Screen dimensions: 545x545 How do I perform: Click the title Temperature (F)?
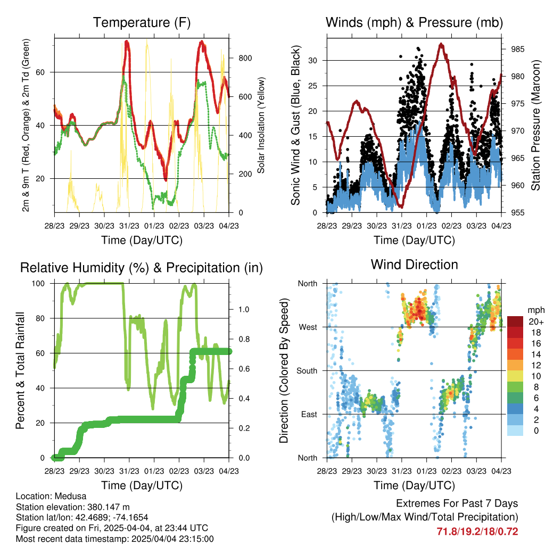142,22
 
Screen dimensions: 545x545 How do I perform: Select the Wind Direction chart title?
414,265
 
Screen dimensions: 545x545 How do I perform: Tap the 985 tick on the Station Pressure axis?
517,49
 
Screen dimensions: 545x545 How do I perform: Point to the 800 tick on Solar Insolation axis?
245,58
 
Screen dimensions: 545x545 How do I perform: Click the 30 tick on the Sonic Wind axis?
313,61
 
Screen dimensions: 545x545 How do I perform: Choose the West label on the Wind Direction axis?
308,327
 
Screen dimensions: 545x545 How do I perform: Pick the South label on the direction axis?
307,371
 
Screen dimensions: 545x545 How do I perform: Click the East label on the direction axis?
309,414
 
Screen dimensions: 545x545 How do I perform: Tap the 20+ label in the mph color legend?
535,321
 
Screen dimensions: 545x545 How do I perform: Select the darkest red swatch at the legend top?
515,321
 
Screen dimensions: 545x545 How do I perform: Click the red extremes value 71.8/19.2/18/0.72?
477,532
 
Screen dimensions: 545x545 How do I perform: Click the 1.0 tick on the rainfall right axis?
244,309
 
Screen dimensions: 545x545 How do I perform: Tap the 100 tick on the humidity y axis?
38,284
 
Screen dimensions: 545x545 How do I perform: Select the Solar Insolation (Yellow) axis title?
261,125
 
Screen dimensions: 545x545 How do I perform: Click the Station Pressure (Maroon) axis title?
535,125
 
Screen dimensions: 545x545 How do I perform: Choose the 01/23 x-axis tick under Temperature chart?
154,226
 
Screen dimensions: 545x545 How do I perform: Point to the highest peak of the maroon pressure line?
441,44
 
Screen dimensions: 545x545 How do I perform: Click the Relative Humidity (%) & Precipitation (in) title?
142,268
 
